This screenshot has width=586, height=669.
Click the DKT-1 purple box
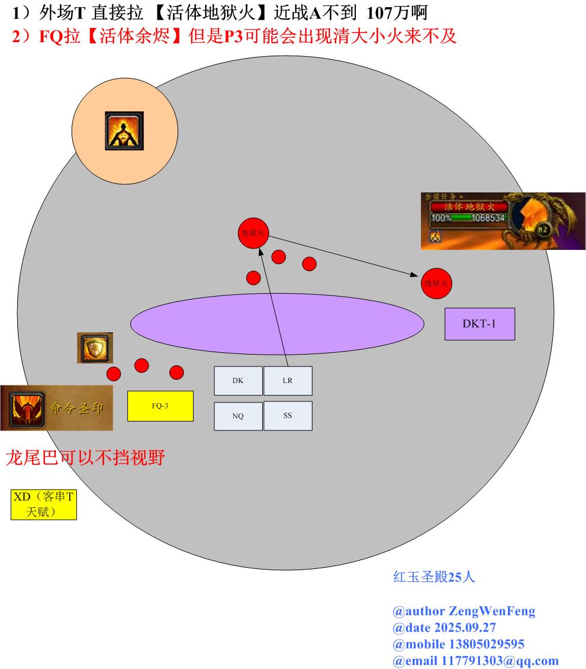point(479,324)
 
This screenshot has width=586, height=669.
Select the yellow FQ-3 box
point(160,406)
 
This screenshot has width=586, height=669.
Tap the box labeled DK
point(237,381)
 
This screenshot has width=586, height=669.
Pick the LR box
point(287,381)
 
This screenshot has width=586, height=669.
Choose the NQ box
point(237,416)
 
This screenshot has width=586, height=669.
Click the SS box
point(287,416)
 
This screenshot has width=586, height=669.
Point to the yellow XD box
point(44,504)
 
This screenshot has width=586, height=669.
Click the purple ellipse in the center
point(277,323)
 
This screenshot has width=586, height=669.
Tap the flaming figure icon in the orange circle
point(124,130)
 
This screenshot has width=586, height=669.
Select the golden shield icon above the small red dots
point(95,348)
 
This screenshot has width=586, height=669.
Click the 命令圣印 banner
point(56,408)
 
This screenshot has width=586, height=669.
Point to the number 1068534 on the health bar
point(489,218)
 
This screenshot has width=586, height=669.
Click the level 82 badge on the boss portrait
point(542,229)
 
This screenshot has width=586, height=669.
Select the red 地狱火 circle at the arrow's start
point(253,233)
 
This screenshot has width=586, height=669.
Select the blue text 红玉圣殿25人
point(434,577)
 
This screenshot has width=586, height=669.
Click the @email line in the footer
point(475,661)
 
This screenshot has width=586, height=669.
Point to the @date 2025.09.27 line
point(444,628)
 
